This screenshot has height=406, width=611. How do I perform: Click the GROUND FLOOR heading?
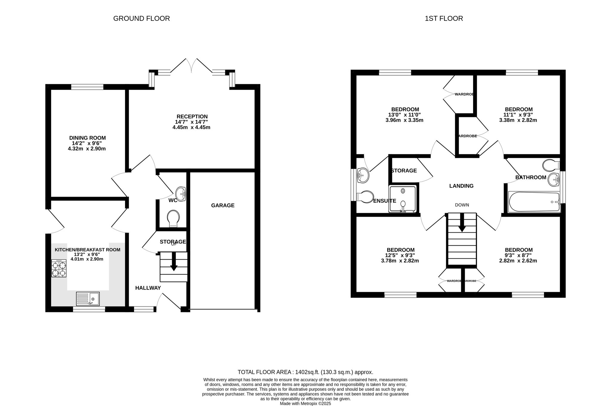click(x=141, y=18)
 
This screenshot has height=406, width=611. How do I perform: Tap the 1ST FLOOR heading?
click(x=444, y=18)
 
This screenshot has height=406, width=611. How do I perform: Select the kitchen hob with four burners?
click(x=59, y=268)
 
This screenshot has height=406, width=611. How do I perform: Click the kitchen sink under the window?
click(x=88, y=299)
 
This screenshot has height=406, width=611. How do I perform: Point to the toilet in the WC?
click(x=173, y=219)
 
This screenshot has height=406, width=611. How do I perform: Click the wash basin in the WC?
click(x=181, y=194)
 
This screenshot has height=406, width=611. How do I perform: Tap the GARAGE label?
click(x=223, y=205)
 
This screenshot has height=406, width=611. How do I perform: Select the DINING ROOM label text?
click(x=87, y=138)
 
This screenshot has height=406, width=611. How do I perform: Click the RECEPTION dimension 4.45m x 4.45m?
click(x=191, y=127)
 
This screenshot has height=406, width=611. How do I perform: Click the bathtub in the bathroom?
click(x=534, y=202)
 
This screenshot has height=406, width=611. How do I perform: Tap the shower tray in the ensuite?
click(x=402, y=199)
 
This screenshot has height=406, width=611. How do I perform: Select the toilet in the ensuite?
click(x=365, y=197)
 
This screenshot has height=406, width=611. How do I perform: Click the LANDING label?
click(x=461, y=186)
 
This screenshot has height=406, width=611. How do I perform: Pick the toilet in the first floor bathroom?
click(x=551, y=165)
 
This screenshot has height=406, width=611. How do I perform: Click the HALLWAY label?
click(x=148, y=288)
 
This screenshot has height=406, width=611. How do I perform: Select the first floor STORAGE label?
click(x=404, y=171)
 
